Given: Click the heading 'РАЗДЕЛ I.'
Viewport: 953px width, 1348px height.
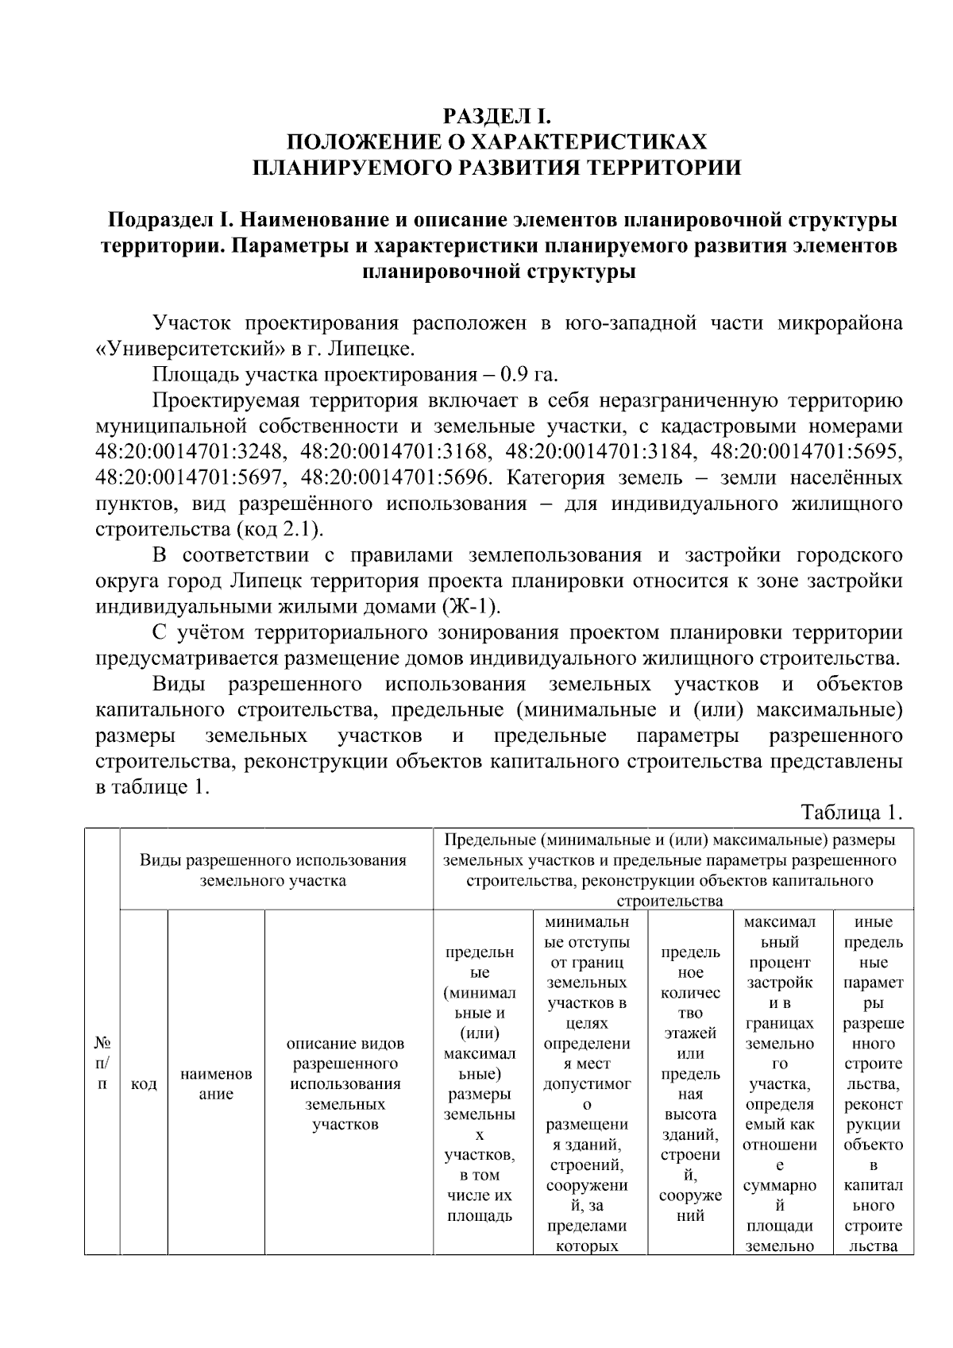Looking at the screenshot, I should pyautogui.click(x=496, y=117).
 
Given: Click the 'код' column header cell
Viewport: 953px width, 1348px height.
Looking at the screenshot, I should pyautogui.click(x=144, y=1084).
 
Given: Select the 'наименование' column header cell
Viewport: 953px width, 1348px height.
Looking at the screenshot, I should pyautogui.click(x=216, y=1083).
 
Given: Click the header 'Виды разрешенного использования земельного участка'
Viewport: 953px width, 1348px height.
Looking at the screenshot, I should pyautogui.click(x=273, y=870).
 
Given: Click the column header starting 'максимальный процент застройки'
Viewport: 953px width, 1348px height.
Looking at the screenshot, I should pyautogui.click(x=780, y=1084).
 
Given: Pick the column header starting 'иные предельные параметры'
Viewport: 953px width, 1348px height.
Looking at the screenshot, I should pyautogui.click(x=873, y=1084).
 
